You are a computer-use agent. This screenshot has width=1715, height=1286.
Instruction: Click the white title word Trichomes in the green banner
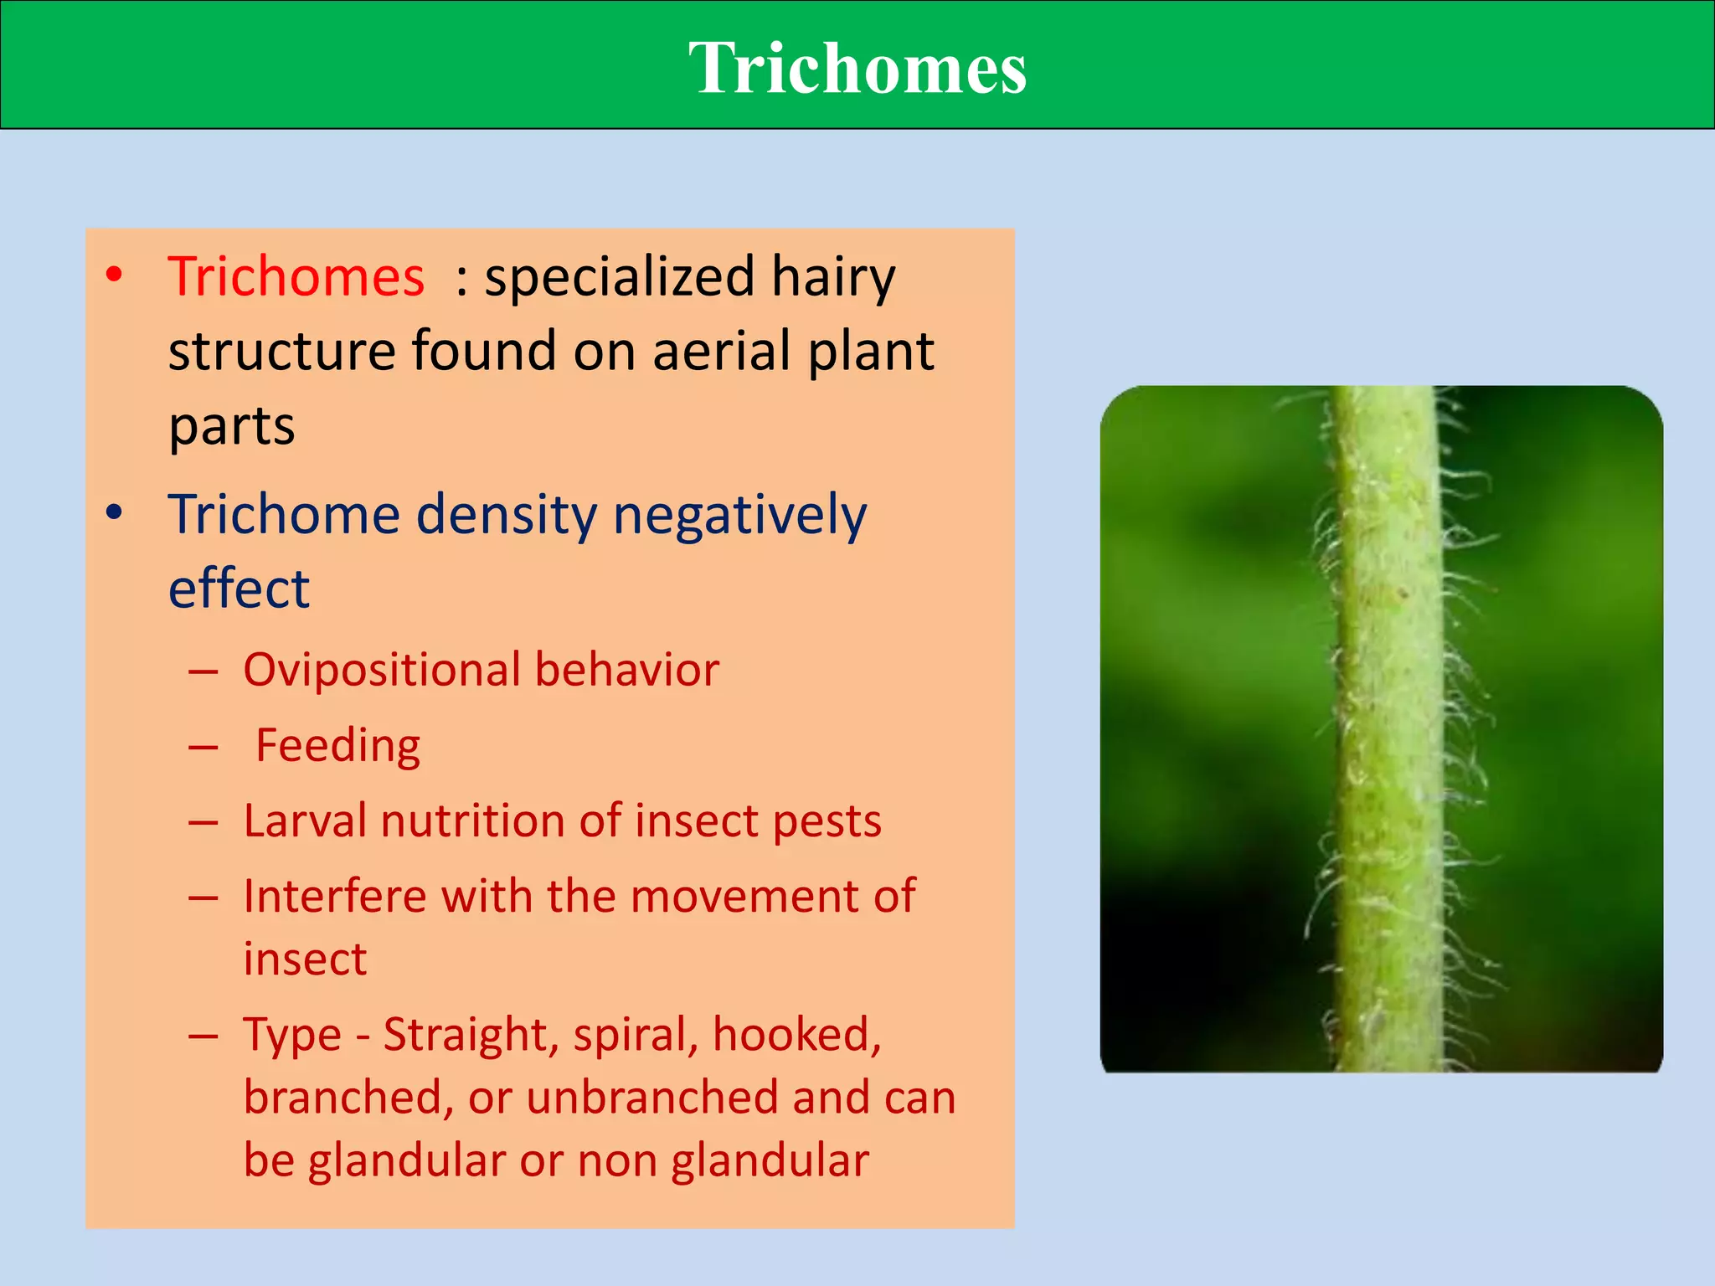coord(857,69)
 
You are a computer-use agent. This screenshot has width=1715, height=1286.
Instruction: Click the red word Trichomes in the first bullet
coord(296,276)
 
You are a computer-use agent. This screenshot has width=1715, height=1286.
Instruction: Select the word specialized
coord(620,278)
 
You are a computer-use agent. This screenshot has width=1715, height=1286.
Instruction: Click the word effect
coord(239,588)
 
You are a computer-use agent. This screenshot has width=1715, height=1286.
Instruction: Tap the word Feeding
coord(337,745)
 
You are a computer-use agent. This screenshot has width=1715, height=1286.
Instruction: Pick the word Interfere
coord(335,896)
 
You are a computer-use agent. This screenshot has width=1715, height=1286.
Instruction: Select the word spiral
coord(636,1036)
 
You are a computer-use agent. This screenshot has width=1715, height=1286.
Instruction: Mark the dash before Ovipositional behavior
coord(203,671)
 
